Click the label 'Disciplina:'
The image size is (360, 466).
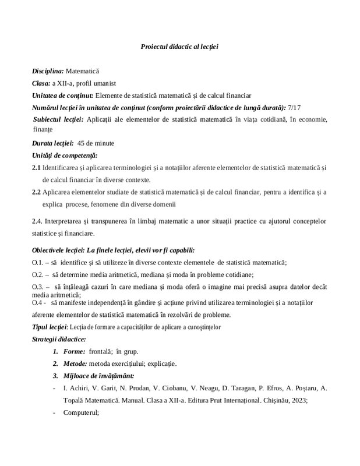(48, 70)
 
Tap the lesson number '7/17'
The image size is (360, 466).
(295, 108)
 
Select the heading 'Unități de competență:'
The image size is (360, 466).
(65, 155)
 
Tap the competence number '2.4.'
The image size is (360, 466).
(38, 221)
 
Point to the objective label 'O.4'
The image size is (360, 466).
(37, 303)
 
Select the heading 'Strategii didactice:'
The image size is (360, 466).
(59, 339)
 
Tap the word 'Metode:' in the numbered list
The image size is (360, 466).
(76, 364)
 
